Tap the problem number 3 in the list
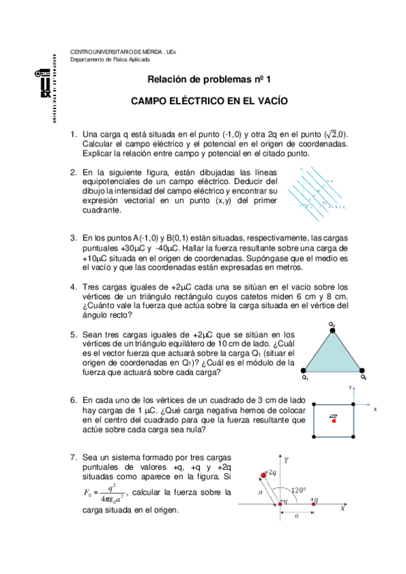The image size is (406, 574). click(x=73, y=238)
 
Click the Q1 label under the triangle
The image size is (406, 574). click(x=305, y=377)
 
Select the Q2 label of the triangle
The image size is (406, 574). click(x=363, y=377)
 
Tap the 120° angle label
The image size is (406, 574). click(x=298, y=489)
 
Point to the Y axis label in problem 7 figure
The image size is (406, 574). click(x=286, y=460)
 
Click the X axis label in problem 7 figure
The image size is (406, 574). click(x=342, y=508)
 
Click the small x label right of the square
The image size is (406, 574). click(x=375, y=410)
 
